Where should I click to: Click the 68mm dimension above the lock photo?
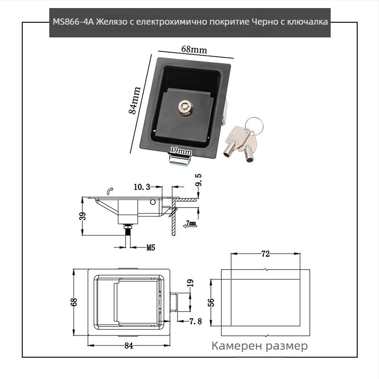194,49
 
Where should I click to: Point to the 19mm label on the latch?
180,151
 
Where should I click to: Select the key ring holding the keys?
256,124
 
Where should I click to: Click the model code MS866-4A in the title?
74,22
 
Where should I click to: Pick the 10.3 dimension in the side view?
142,187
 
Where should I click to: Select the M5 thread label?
151,247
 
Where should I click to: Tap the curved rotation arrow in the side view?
110,190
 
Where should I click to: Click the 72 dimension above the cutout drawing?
265,254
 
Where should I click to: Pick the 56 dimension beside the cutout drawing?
211,302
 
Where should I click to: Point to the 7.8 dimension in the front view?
196,321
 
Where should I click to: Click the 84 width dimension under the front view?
128,345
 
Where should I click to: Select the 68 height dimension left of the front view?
74,302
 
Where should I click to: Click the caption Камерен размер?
260,346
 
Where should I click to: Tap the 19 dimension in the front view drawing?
191,284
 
